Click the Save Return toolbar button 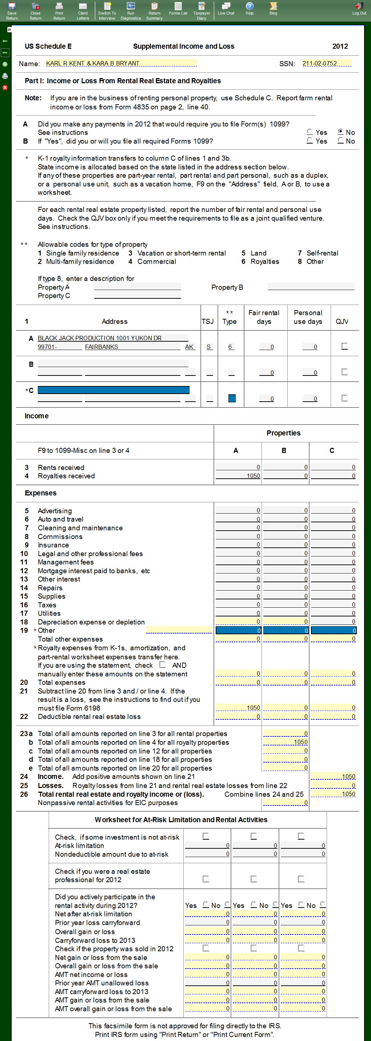click(x=12, y=11)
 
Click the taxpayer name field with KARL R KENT click(x=121, y=64)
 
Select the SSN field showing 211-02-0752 click(x=326, y=64)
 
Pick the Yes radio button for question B click(x=310, y=140)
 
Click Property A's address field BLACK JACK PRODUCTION click(x=112, y=338)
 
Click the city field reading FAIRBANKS click(x=132, y=347)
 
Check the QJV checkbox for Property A click(x=344, y=346)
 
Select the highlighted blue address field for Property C click(x=113, y=390)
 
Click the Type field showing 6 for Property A click(x=231, y=347)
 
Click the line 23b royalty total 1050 click(x=285, y=742)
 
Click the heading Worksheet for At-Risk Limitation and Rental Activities click(x=181, y=820)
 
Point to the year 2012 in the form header click(x=340, y=47)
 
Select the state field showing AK click(x=190, y=347)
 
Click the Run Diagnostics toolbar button click(x=131, y=11)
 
